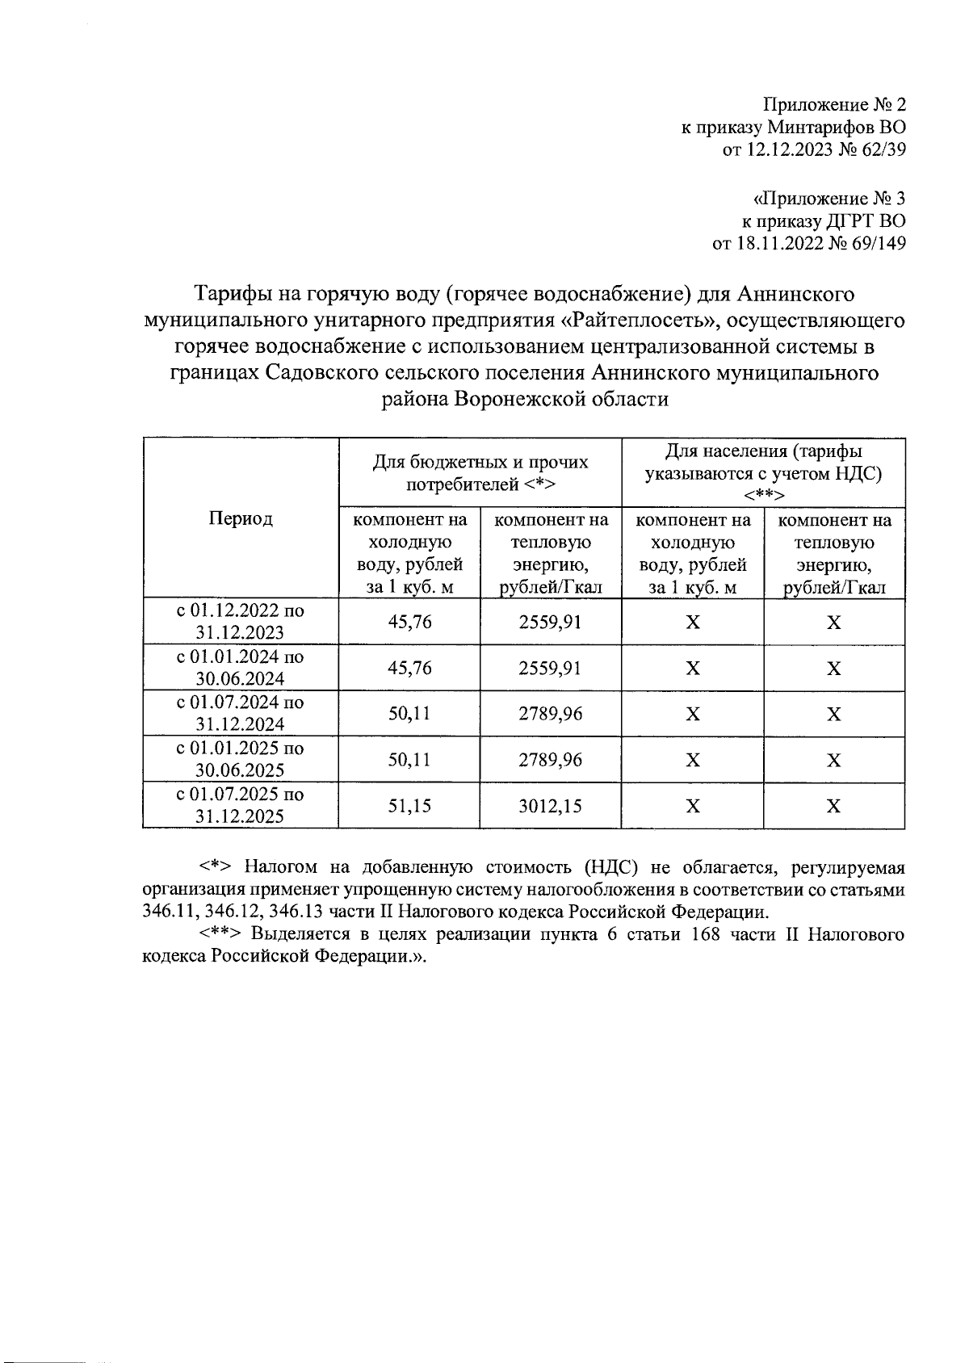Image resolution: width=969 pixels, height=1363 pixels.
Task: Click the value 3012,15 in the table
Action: pyautogui.click(x=550, y=806)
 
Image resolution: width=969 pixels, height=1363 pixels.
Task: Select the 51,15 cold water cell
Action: pyautogui.click(x=409, y=806)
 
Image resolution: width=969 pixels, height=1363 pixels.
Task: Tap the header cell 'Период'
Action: pyautogui.click(x=241, y=518)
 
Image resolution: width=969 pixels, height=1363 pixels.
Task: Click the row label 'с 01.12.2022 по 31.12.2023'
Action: pyautogui.click(x=241, y=621)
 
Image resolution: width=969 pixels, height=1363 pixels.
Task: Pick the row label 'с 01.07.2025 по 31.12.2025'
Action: pyautogui.click(x=241, y=805)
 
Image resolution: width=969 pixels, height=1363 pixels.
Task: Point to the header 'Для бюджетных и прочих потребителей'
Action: pyautogui.click(x=480, y=473)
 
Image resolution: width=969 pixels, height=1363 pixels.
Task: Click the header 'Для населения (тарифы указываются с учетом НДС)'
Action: pyautogui.click(x=763, y=472)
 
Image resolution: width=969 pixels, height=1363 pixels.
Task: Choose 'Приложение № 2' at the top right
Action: pyautogui.click(x=834, y=105)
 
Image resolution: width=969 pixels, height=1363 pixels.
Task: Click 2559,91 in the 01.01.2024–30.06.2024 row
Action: pyautogui.click(x=550, y=668)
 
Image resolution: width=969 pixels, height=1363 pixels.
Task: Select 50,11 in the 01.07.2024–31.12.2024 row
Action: pyautogui.click(x=409, y=714)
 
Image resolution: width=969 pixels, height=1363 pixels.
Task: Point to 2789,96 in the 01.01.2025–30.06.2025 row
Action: pyautogui.click(x=550, y=760)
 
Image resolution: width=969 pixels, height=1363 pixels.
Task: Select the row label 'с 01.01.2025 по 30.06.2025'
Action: pyautogui.click(x=241, y=759)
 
